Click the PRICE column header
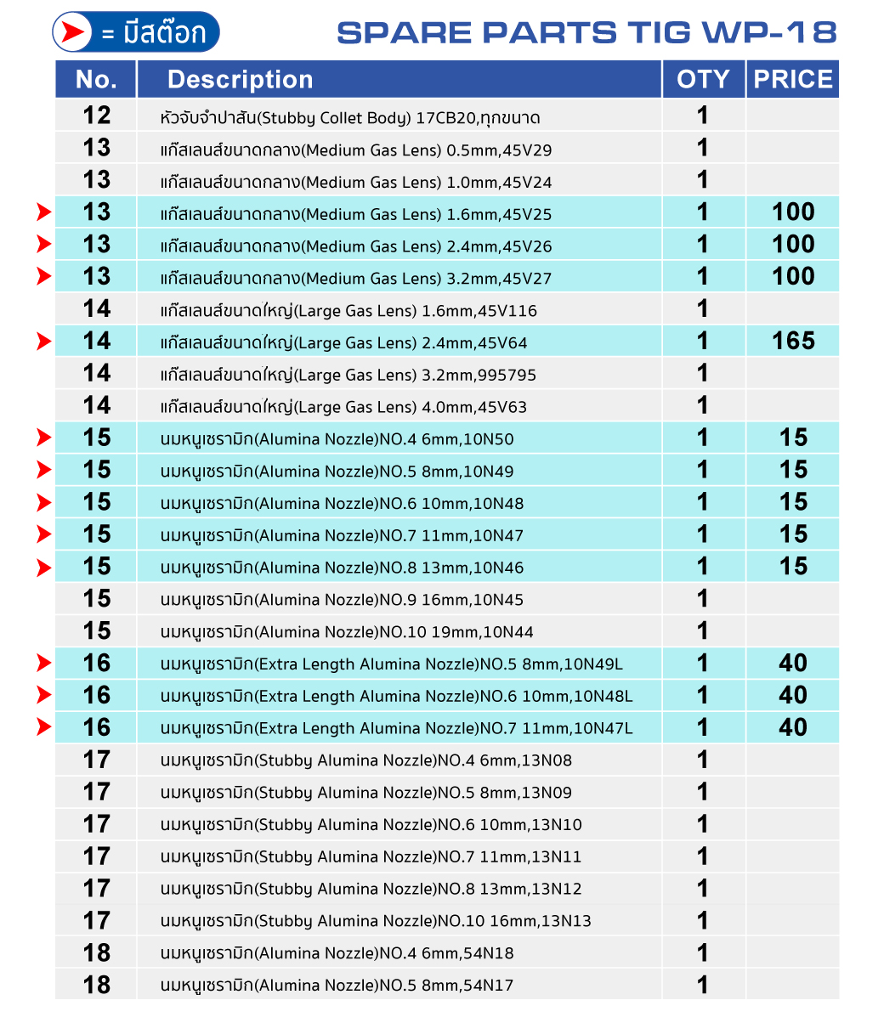pos(792,79)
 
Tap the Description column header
pos(240,79)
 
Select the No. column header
pos(96,79)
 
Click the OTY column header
pos(703,79)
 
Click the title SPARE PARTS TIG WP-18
pos(586,32)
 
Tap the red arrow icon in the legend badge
pos(74,32)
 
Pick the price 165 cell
pos(792,341)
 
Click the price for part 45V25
pos(792,212)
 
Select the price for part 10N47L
pos(792,727)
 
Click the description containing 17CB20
pos(350,117)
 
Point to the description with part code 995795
pos(348,375)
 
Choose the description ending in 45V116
pos(348,311)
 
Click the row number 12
pos(97,115)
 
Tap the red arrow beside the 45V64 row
pos(44,342)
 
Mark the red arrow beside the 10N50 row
pos(44,438)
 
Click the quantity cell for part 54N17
pos(703,985)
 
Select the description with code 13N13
pos(376,921)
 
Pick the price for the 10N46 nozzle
pos(792,566)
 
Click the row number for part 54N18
pos(97,952)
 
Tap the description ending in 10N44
pos(347,632)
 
